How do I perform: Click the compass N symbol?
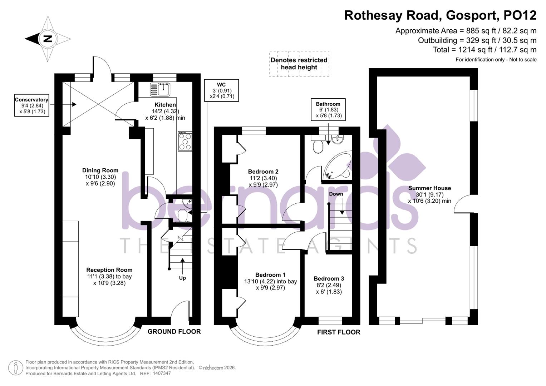(x=48, y=39)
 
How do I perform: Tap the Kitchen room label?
(x=165, y=105)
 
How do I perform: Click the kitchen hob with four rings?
(x=185, y=141)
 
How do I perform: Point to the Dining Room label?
(x=100, y=170)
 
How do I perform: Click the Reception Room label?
(x=109, y=270)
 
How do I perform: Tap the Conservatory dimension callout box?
(x=31, y=105)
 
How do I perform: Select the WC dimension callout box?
(x=221, y=90)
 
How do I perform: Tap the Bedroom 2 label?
(x=263, y=172)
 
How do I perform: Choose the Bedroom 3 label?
(x=329, y=279)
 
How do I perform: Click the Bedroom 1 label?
(x=270, y=275)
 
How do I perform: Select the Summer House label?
(x=429, y=188)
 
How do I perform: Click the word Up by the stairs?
(x=182, y=278)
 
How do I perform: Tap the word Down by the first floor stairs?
(x=336, y=194)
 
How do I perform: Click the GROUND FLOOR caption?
(x=174, y=332)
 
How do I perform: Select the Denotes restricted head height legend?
(x=299, y=64)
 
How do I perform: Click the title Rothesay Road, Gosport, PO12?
(x=440, y=15)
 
